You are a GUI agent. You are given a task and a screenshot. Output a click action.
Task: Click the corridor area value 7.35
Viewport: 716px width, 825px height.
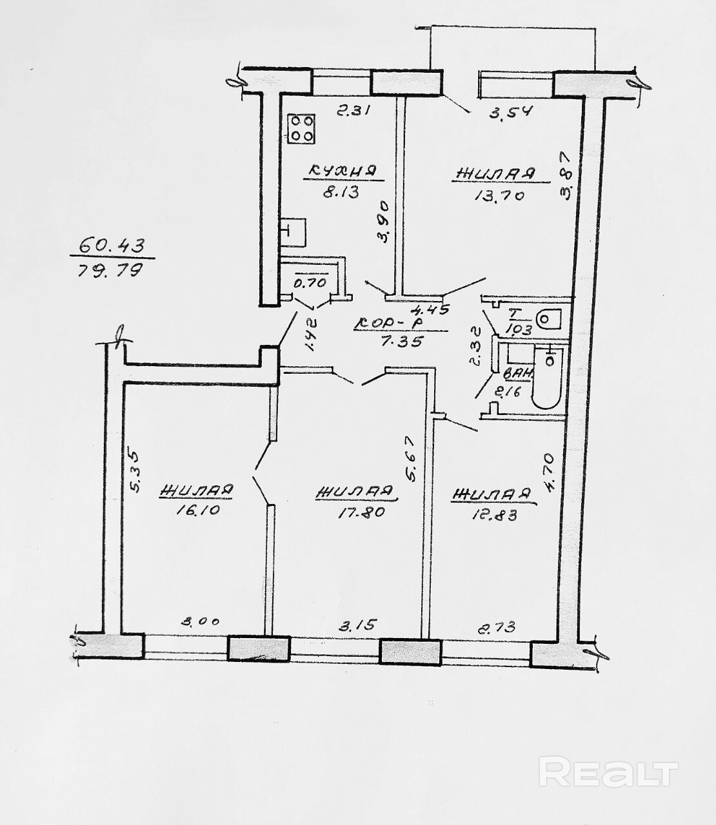(401, 342)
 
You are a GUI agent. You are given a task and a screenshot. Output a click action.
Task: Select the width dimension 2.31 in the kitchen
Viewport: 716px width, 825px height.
(353, 111)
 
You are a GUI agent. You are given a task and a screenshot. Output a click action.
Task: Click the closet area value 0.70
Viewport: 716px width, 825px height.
(311, 282)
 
